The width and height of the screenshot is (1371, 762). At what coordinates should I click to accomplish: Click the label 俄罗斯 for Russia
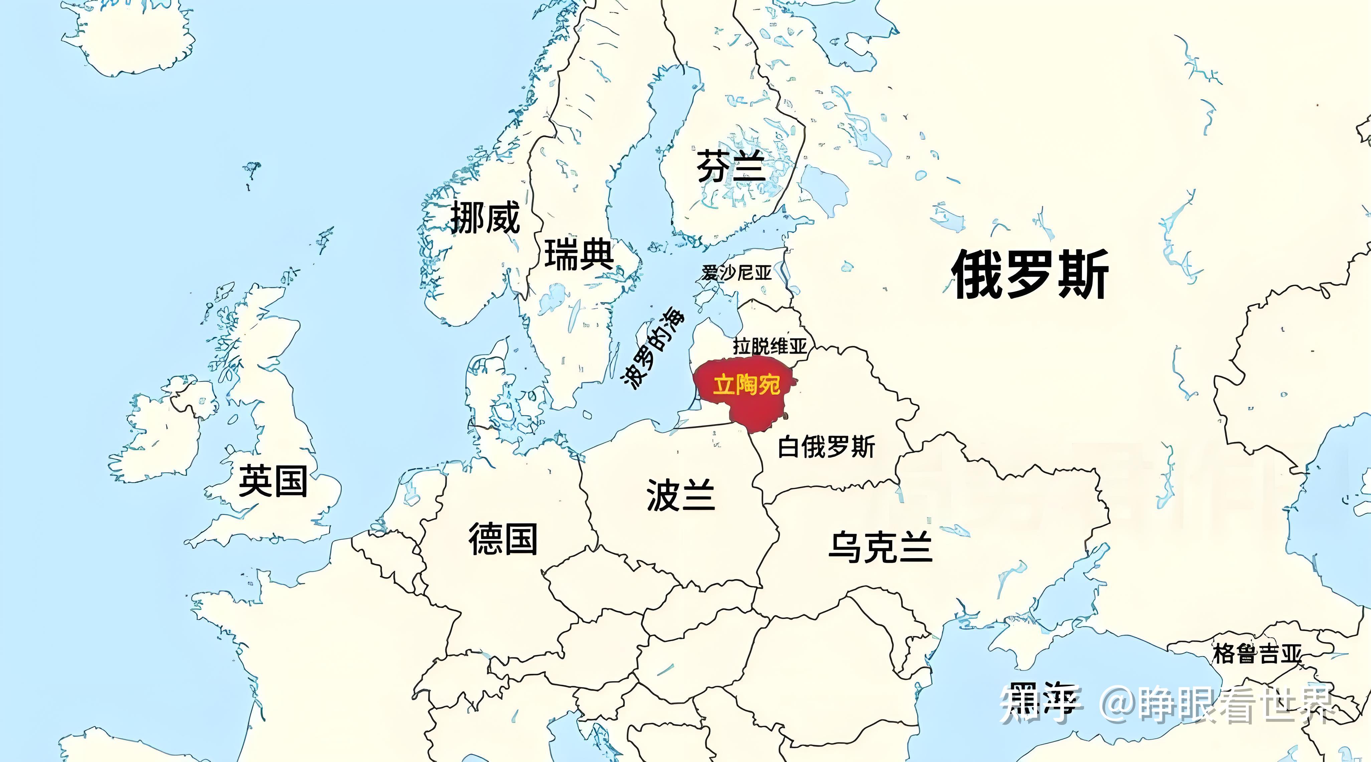pos(1030,275)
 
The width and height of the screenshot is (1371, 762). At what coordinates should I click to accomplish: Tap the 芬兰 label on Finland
pos(731,167)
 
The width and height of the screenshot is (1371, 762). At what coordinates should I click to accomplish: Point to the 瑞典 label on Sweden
pos(579,255)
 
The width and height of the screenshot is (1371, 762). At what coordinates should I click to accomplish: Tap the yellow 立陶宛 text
pos(746,384)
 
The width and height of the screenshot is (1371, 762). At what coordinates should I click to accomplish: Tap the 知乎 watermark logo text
pos(1041,704)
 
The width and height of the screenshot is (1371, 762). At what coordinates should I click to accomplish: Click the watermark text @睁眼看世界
pos(1219,704)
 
